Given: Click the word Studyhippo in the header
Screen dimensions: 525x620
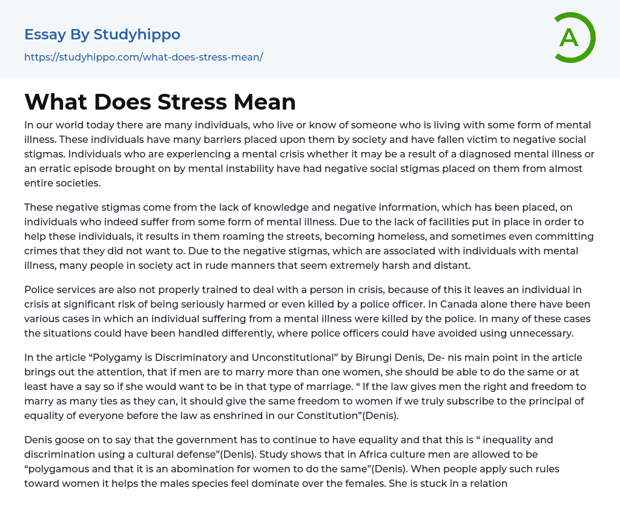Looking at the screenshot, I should pos(137,35).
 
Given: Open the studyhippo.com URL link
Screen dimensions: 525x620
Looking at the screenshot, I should pos(143,58).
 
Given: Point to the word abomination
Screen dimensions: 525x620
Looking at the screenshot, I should pos(201,469).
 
